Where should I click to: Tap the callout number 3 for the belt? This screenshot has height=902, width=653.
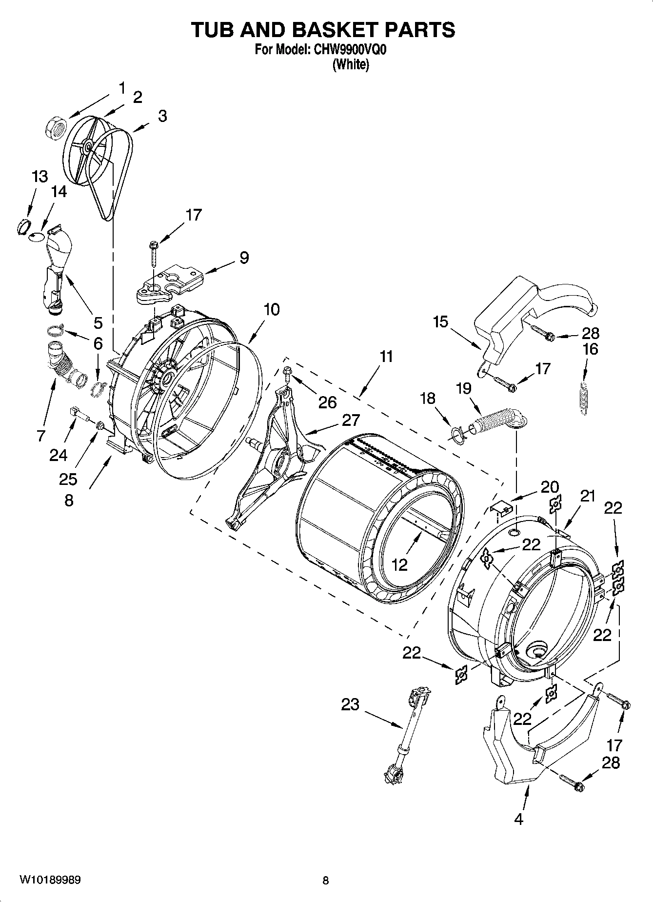[x=162, y=116]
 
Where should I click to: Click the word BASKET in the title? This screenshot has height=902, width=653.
[x=335, y=30]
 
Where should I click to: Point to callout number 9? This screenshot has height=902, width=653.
[x=244, y=257]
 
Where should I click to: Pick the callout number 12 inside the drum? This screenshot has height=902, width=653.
[x=399, y=565]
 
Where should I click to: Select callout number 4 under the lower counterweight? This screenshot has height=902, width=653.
[x=518, y=820]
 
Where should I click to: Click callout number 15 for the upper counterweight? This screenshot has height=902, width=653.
[x=440, y=322]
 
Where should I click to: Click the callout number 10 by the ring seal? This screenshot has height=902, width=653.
[x=272, y=309]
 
